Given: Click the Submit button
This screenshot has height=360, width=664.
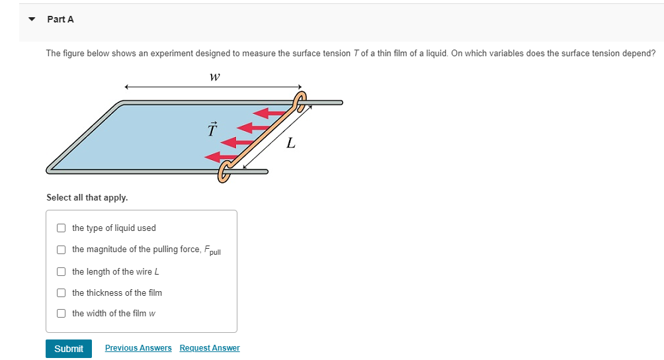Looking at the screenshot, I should pos(68,349).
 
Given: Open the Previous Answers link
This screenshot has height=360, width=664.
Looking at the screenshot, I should pos(138,348).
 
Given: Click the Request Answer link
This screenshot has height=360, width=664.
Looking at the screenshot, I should pos(210,348).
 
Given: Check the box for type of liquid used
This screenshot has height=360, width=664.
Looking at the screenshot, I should pos(61,228).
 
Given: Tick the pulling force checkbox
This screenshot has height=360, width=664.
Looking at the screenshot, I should pos(61,249).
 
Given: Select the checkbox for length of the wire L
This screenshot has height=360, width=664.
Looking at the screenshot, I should pos(61,272).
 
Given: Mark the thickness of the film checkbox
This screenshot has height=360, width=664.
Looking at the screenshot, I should pos(61,293).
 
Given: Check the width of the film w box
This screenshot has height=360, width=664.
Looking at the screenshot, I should pos(61,314).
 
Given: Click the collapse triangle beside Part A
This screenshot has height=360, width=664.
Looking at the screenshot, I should pos(31,19).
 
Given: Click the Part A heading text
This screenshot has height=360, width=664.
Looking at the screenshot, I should pos(61,19).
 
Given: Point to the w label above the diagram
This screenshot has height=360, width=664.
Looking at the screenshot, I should pos(214,77).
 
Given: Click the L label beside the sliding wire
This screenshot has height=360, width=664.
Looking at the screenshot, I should pos(290,142).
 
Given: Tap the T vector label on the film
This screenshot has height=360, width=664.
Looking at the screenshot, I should pos(212,129).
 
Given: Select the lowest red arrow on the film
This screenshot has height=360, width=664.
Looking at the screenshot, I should pos(218,157).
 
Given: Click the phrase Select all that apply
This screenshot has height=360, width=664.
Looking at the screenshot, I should pos(87,197).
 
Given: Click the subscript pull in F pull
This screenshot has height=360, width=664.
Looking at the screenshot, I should pos(214,253).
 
